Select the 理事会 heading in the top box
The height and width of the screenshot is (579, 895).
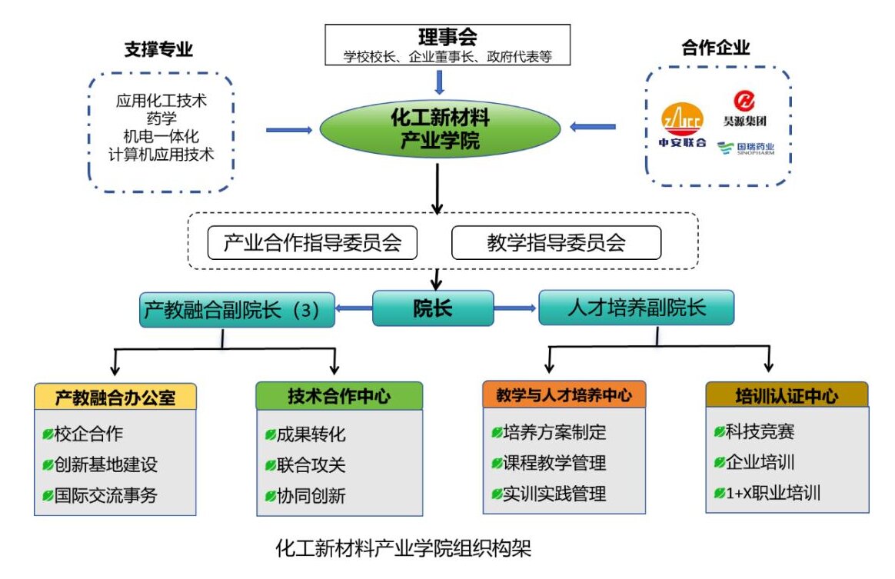447,38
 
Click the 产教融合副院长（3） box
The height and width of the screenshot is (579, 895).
237,310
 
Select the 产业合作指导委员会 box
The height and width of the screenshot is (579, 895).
312,243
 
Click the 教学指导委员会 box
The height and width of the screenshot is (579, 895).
556,243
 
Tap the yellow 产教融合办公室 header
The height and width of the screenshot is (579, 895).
115,397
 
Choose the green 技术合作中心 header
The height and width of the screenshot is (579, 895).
339,396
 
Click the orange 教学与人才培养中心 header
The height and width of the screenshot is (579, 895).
564,395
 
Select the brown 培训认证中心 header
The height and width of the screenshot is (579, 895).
787,396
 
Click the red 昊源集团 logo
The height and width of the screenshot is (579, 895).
744,108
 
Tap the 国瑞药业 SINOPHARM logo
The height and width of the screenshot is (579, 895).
745,148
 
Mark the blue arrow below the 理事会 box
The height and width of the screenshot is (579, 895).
439,82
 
